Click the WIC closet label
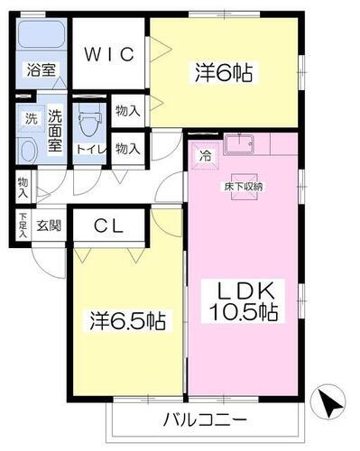110,54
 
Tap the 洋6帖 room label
221,72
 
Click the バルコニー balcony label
205,420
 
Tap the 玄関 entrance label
49,225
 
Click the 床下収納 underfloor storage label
244,186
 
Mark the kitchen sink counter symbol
243,144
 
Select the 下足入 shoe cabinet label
23,225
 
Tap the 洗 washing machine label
31,117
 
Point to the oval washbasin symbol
27,151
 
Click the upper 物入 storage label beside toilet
127,111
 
